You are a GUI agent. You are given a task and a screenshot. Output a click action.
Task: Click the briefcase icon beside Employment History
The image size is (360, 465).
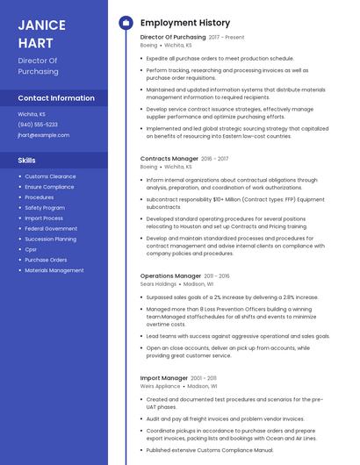click(126, 23)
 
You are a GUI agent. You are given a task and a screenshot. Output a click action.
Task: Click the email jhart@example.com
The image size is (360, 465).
click(44, 135)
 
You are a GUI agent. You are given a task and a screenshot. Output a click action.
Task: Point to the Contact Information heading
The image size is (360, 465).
click(56, 98)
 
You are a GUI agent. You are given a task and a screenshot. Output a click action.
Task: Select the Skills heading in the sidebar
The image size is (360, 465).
click(27, 161)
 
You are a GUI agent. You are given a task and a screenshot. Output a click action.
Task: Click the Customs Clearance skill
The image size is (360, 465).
click(50, 176)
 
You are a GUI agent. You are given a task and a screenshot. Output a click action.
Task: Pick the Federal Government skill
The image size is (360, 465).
click(51, 228)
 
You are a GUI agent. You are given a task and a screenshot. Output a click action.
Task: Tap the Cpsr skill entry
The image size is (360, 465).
click(31, 249)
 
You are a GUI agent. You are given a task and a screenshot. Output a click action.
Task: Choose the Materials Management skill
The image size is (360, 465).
click(54, 270)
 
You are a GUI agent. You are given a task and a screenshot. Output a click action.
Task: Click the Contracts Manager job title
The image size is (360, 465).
click(169, 159)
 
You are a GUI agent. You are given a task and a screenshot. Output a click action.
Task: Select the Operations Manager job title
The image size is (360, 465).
click(170, 275)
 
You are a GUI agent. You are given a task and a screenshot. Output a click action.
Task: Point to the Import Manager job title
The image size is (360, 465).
click(164, 378)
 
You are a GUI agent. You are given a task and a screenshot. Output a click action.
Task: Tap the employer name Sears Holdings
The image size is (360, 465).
click(159, 284)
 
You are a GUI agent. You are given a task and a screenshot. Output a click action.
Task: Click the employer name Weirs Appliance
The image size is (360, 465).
click(161, 386)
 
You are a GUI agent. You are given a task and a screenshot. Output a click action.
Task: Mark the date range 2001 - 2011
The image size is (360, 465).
click(205, 378)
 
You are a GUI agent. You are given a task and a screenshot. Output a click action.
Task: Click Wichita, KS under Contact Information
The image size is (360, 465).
click(32, 114)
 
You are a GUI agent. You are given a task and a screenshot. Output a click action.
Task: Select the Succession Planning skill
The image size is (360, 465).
click(50, 239)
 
